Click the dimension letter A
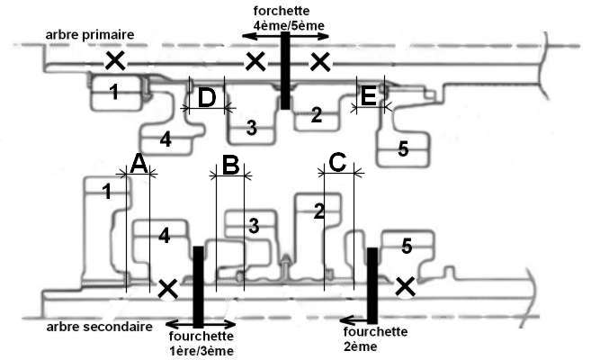(139, 165)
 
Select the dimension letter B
(230, 165)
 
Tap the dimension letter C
(337, 163)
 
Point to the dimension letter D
(207, 97)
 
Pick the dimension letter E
(368, 95)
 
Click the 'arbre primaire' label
(90, 35)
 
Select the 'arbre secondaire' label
(100, 327)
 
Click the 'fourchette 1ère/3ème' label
(201, 343)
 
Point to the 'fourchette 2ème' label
(375, 339)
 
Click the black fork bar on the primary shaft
(285, 70)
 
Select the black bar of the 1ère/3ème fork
(198, 287)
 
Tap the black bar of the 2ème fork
(372, 285)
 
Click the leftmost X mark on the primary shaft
(115, 60)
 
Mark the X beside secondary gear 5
(405, 286)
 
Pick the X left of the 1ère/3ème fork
(167, 289)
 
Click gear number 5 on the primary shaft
(403, 149)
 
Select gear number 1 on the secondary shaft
(107, 192)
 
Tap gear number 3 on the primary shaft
(251, 128)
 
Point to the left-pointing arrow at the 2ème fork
(354, 320)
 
